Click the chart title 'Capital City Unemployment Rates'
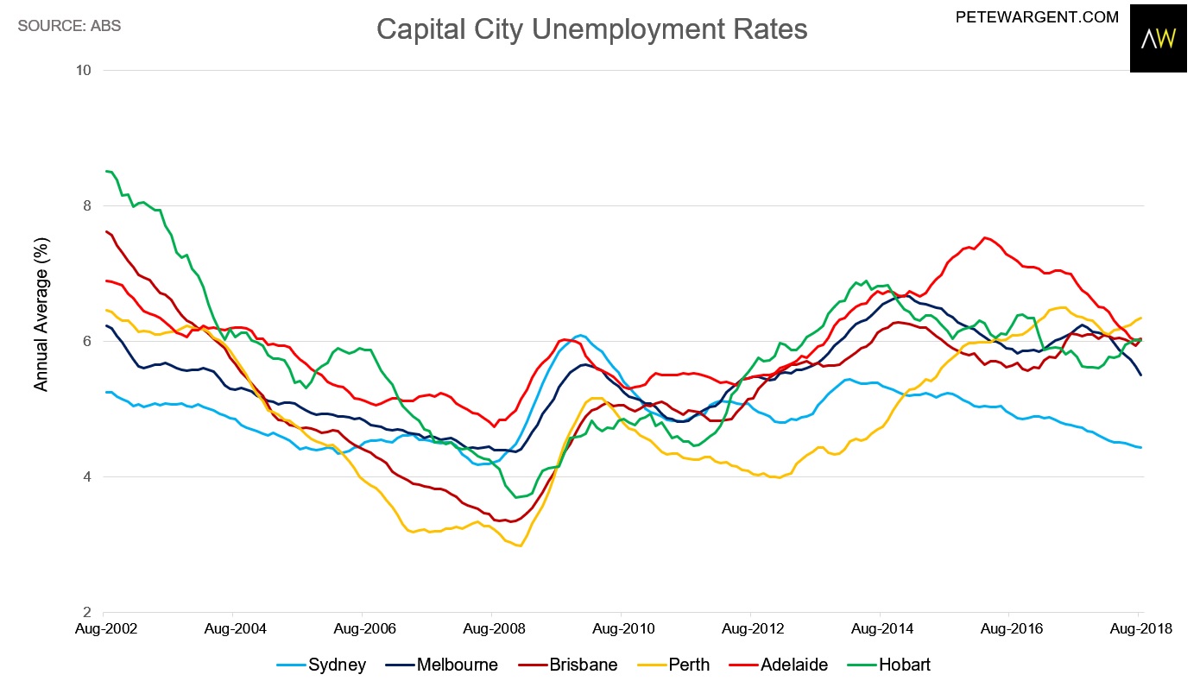591,29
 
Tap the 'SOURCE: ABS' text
69,26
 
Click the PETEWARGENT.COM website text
1037,16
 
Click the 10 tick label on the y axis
85,70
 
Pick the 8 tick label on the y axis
88,205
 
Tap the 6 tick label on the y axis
88,341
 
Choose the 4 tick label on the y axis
88,476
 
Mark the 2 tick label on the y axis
88,612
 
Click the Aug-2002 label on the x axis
104,629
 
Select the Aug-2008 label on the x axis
491,629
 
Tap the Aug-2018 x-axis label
1138,629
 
